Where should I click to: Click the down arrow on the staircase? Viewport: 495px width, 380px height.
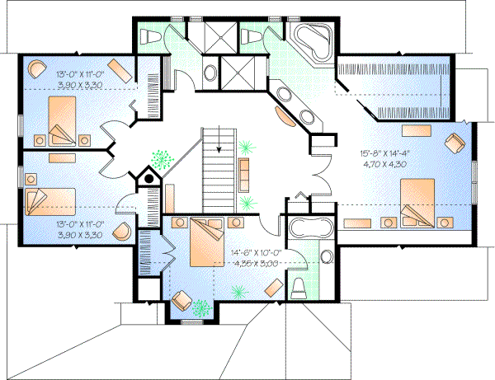[219, 149]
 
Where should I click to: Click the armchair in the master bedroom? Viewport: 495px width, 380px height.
[455, 143]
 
